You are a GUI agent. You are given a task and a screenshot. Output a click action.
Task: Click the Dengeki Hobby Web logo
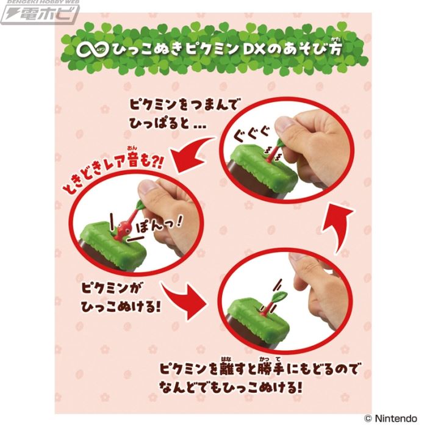[x=40, y=11]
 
